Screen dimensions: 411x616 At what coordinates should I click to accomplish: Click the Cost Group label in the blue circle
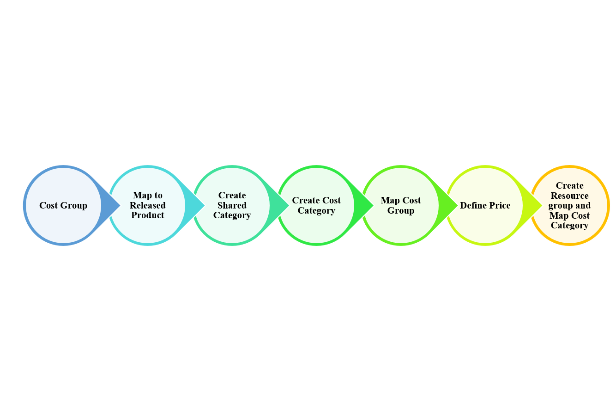coord(63,205)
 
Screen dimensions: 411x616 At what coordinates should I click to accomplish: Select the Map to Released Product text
coord(148,205)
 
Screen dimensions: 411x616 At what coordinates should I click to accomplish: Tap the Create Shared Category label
coord(232,205)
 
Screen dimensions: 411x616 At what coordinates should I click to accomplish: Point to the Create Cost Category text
coord(316,205)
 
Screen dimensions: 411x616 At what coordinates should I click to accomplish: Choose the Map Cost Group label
coord(401,205)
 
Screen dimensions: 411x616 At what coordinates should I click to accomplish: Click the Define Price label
coord(485,205)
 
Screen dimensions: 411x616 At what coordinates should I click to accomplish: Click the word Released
coord(148,205)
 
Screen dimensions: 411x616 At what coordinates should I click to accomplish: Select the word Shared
coord(232,205)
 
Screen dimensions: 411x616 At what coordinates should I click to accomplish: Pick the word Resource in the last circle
coord(569,196)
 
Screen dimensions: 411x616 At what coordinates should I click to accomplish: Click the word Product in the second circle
coord(148,215)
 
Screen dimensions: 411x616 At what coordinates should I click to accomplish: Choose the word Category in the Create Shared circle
coord(232,215)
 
